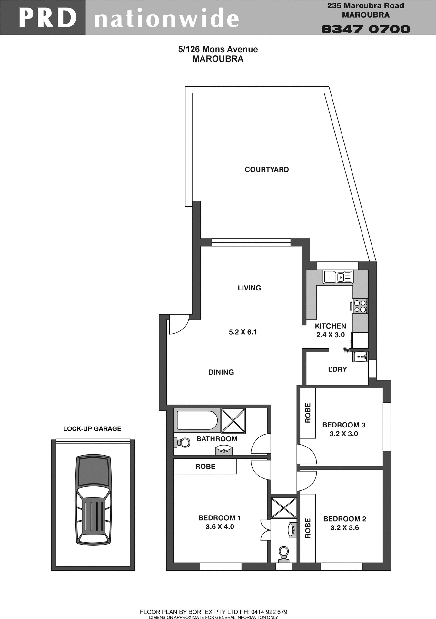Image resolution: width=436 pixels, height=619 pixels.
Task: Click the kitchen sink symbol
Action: [x=338, y=277]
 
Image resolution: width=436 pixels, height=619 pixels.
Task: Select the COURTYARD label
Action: [x=267, y=170]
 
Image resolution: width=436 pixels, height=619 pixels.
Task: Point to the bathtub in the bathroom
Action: [x=197, y=420]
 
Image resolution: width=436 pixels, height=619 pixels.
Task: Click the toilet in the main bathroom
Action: [x=183, y=442]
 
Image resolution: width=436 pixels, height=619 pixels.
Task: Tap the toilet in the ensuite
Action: [x=283, y=553]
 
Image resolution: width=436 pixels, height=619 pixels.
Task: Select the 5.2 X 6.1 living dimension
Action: [x=243, y=332]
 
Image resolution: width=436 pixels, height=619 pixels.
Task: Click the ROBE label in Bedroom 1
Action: [x=205, y=467]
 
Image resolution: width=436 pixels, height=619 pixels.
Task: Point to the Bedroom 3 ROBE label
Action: [x=308, y=413]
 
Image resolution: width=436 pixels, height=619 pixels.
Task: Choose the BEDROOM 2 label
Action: [x=344, y=519]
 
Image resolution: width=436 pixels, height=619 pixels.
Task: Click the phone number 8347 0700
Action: [x=366, y=29]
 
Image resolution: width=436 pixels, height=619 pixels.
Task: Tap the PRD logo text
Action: [x=47, y=18]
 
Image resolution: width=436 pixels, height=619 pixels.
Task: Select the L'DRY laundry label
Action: [x=337, y=369]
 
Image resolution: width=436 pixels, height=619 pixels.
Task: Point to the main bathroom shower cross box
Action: [x=233, y=420]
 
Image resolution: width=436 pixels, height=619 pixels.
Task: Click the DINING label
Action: [x=221, y=372]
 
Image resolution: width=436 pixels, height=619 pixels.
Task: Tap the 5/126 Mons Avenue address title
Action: [x=218, y=49]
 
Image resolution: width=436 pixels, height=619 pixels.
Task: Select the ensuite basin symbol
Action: [x=292, y=529]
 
